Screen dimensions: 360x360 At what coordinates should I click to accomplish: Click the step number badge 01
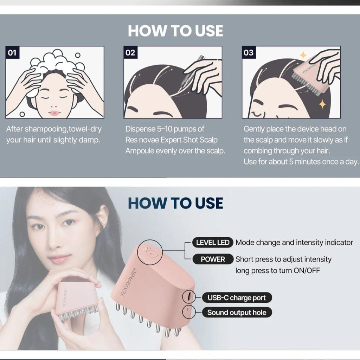tap(12, 53)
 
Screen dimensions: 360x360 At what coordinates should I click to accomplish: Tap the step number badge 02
tap(130, 53)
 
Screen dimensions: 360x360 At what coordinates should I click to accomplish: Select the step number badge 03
tap(248, 53)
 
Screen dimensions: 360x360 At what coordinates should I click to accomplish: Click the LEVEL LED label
tap(213, 243)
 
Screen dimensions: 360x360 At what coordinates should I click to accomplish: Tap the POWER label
tap(213, 259)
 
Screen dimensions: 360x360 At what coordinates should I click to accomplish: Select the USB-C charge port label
tap(237, 298)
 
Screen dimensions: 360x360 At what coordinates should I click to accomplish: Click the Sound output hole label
tap(237, 312)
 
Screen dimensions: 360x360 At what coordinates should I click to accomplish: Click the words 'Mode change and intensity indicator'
tap(294, 243)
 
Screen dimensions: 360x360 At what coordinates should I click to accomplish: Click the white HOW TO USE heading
tap(175, 31)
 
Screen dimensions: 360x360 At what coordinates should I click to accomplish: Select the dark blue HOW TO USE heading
tap(175, 203)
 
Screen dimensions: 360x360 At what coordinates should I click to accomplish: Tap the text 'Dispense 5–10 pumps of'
tap(165, 129)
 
